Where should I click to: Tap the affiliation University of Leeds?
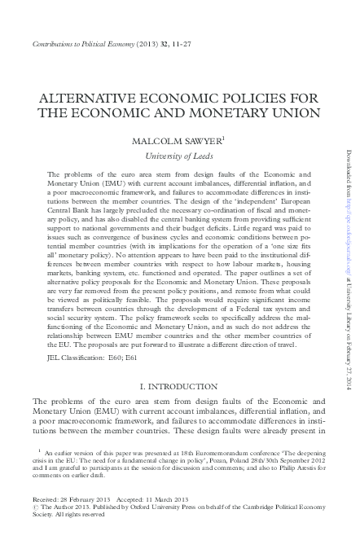(x=180, y=156)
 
